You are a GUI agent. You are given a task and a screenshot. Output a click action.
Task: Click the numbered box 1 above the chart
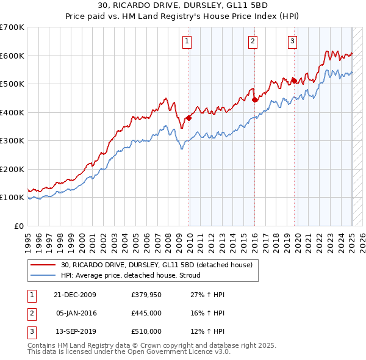pos(186,41)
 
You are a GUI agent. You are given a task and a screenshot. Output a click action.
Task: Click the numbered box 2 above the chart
pos(253,41)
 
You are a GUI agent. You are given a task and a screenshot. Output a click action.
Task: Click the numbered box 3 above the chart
pos(293,41)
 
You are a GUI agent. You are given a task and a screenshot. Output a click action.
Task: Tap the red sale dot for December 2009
pos(189,118)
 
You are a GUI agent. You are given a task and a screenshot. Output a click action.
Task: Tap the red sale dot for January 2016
pos(254,100)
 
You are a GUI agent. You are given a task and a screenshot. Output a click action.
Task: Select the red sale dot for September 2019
pos(294,80)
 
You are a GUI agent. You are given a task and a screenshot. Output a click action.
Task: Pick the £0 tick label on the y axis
pos(18,226)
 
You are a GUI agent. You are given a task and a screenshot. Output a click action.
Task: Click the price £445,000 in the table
pos(146,313)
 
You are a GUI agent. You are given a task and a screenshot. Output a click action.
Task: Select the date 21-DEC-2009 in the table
pos(75,295)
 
